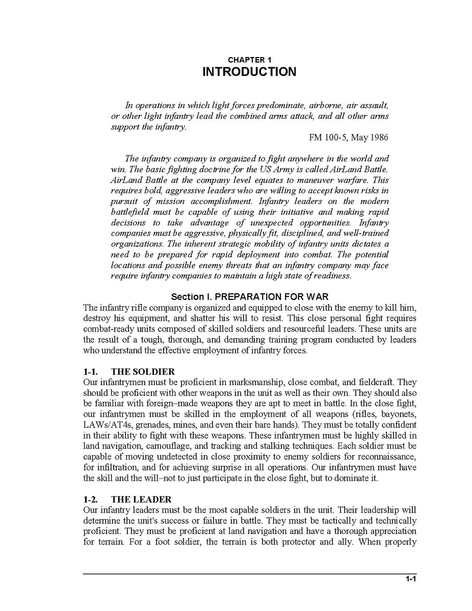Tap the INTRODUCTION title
pos(249,72)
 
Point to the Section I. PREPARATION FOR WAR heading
pos(249,296)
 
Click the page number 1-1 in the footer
pos(411,578)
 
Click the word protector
pos(297,542)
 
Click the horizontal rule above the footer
pos(249,574)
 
